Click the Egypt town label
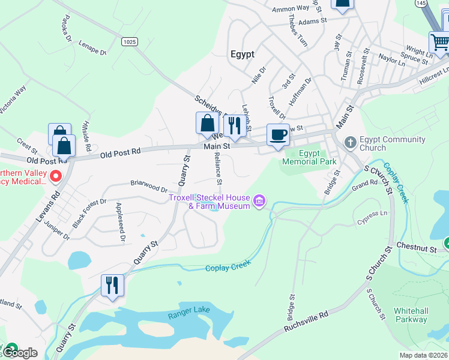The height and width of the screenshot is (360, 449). [242, 53]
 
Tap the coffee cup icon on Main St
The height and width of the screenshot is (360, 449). [278, 135]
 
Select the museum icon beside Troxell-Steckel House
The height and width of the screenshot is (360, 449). [259, 200]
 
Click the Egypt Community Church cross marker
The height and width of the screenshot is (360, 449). [351, 143]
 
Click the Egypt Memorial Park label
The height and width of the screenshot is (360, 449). [309, 157]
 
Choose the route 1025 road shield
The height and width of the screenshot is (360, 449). [128, 41]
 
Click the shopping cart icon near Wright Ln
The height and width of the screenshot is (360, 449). [439, 43]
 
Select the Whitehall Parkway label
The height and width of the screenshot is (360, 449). [411, 315]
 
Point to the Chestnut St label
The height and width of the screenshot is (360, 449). [415, 247]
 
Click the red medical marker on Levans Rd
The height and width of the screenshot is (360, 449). [56, 176]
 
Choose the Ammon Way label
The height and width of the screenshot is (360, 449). [291, 8]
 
